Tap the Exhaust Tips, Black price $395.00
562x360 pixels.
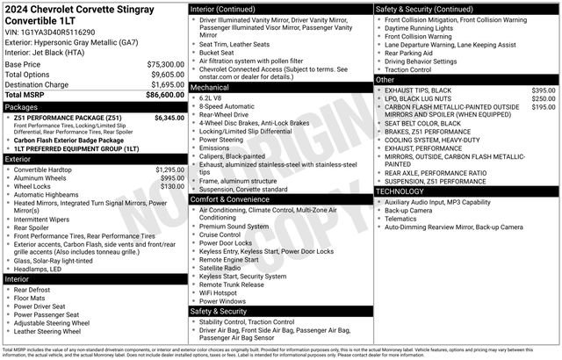[x=543, y=90]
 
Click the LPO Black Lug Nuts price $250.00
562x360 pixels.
[x=543, y=99]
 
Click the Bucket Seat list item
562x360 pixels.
[x=216, y=52]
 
